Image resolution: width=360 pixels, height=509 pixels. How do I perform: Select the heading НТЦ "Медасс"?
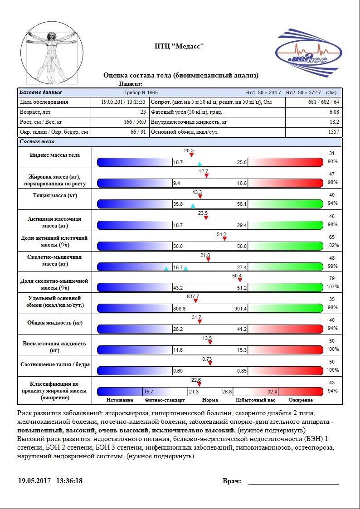pos(180,46)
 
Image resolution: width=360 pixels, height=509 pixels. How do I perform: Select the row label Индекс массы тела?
pos(54,155)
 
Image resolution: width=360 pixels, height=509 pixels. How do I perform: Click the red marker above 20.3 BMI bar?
pos(191,155)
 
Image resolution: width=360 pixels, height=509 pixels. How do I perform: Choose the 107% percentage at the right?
pos(334,286)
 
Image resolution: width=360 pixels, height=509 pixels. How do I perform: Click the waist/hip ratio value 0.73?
pos(207,359)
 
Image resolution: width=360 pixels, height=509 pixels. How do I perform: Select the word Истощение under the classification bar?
pos(120,400)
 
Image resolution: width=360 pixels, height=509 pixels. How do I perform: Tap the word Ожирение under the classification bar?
pos(301,400)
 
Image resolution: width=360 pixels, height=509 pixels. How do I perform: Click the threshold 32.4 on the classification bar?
pos(272,392)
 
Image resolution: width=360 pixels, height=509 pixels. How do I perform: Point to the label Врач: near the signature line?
pos(232,481)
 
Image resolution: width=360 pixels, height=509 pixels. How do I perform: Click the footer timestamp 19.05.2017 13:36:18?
pos(50,480)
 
